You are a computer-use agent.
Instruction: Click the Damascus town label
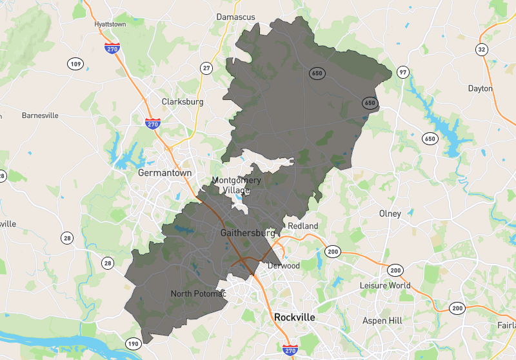coord(236,17)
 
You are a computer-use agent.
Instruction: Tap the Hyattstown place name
coord(111,24)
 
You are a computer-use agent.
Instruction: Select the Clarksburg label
coord(183,102)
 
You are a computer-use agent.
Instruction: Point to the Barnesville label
coord(40,115)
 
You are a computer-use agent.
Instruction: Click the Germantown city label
coord(165,173)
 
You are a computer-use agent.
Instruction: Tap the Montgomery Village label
coord(237,185)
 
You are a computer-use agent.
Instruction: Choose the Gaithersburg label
coord(248,232)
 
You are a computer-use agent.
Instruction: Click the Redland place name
coord(303,226)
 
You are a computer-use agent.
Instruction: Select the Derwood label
coord(284,265)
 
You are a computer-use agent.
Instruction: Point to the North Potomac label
coord(199,294)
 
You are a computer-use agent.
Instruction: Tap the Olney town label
coord(390,214)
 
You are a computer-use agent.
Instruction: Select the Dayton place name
coord(480,88)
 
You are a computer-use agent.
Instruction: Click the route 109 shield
coord(75,63)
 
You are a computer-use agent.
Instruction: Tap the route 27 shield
coord(206,68)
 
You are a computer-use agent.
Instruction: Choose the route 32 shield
coord(481,50)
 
